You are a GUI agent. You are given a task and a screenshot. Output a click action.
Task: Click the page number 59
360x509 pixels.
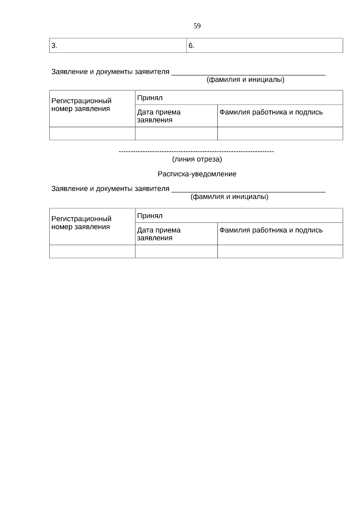pyautogui.click(x=197, y=26)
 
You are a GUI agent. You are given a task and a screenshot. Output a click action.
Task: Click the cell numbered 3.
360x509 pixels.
pyautogui.click(x=118, y=46)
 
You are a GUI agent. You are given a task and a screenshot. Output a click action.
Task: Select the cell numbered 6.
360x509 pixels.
pyautogui.click(x=265, y=46)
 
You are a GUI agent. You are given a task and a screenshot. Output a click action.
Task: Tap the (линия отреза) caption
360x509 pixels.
pyautogui.click(x=197, y=159)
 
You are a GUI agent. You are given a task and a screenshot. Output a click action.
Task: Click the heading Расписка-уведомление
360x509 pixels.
pyautogui.click(x=197, y=174)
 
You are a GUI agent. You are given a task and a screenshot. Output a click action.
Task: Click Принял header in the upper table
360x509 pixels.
pyautogui.click(x=150, y=98)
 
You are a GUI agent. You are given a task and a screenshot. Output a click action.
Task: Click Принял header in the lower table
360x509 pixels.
pyautogui.click(x=150, y=216)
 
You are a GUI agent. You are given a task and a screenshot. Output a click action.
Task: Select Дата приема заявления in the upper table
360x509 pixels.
pyautogui.click(x=159, y=116)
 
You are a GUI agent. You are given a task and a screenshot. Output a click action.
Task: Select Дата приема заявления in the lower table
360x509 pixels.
pyautogui.click(x=159, y=234)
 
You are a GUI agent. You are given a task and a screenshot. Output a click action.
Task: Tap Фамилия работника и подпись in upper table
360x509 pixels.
pyautogui.click(x=271, y=112)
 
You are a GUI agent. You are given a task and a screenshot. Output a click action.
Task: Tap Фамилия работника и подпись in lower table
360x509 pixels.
pyautogui.click(x=271, y=230)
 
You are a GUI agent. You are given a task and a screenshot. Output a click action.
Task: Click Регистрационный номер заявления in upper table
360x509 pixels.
pyautogui.click(x=81, y=105)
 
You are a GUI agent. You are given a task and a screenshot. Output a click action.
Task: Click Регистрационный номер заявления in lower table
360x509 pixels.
pyautogui.click(x=81, y=223)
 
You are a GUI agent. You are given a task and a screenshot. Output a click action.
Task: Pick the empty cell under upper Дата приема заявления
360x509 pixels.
pyautogui.click(x=176, y=133)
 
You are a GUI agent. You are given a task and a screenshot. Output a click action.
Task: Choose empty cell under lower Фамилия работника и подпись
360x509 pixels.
pyautogui.click(x=280, y=251)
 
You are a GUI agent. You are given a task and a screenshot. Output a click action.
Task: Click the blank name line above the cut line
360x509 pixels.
pyautogui.click(x=248, y=73)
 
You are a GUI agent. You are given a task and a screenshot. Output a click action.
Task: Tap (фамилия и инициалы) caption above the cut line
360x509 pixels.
pyautogui.click(x=245, y=80)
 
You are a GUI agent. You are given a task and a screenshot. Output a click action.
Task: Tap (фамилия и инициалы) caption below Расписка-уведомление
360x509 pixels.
pyautogui.click(x=229, y=197)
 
